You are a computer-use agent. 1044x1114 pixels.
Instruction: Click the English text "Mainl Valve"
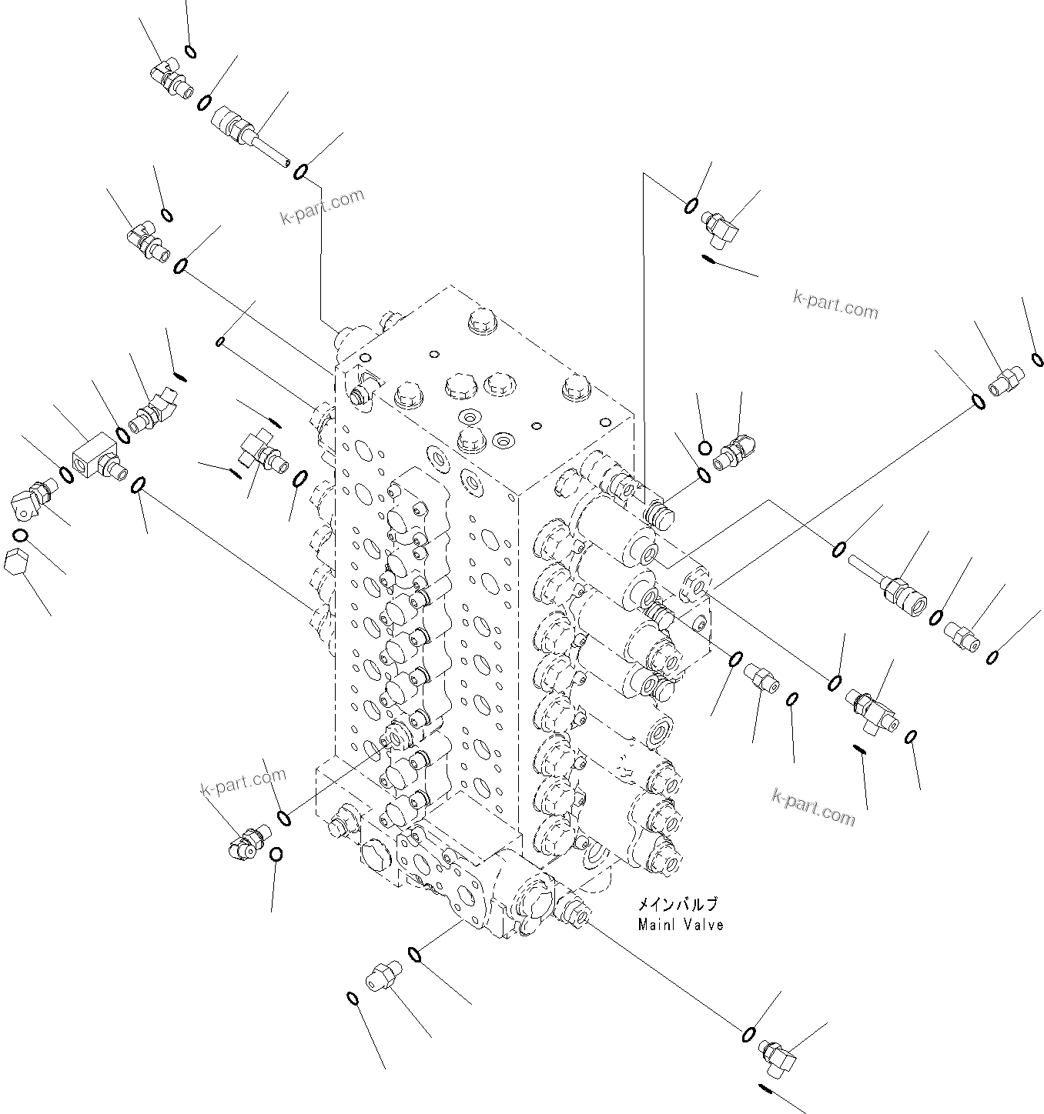click(681, 925)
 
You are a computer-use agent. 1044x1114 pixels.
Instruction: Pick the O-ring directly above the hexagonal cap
click(21, 535)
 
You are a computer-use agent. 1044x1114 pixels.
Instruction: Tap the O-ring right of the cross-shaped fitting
click(301, 479)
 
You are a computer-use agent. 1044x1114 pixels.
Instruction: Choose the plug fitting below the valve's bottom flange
click(381, 975)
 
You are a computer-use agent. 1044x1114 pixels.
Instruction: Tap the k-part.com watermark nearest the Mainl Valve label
click(813, 805)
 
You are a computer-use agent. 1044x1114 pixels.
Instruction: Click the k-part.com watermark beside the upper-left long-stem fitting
click(322, 205)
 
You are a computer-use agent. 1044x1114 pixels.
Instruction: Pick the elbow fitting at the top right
click(721, 230)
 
